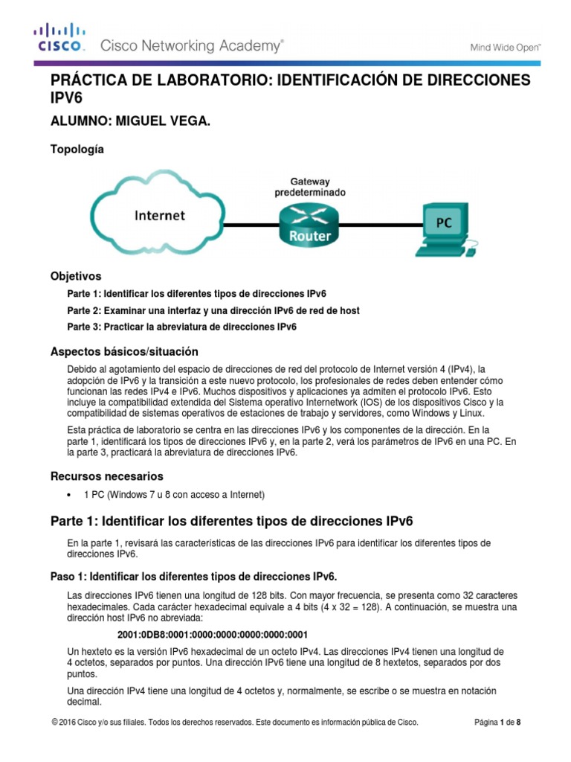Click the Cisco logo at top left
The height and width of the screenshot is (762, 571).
59,38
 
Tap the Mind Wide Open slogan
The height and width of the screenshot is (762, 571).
505,47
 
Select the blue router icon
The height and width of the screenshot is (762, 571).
309,222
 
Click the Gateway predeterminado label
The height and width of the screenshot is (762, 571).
310,186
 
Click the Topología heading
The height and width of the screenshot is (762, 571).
77,149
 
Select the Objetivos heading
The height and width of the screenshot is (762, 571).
75,276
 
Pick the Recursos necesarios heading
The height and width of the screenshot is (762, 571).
106,476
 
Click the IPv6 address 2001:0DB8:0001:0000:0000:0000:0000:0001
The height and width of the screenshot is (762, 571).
213,635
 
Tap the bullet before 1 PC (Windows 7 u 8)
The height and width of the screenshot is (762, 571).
69,495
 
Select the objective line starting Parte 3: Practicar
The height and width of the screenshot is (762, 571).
181,327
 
